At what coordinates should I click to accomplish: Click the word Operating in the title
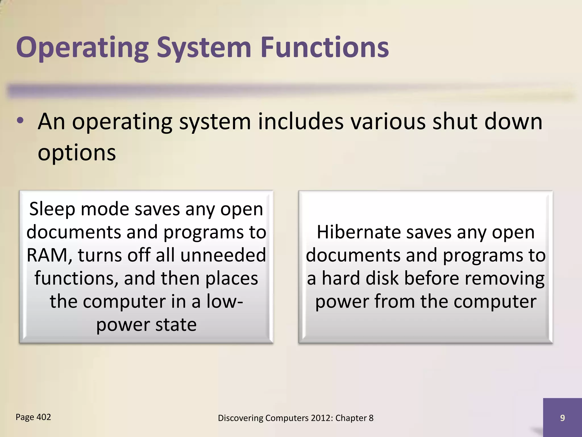click(82, 48)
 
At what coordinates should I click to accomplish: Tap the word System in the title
click(204, 48)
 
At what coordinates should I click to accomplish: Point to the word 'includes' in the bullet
click(300, 121)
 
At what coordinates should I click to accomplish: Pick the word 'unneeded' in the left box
click(223, 255)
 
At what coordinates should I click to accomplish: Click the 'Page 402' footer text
click(33, 417)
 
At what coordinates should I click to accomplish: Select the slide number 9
click(562, 418)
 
